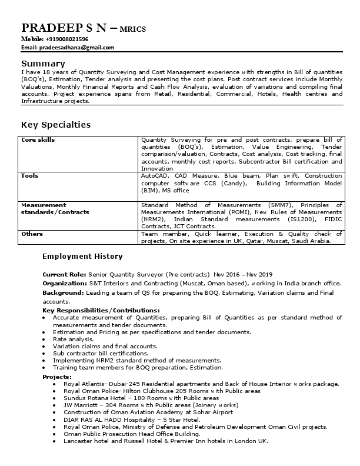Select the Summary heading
click(39, 64)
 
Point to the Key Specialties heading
click(56, 125)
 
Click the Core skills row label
click(38, 140)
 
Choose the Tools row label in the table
click(30, 175)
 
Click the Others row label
click(32, 234)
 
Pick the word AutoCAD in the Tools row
click(155, 175)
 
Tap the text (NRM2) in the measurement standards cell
click(152, 219)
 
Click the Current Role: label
click(64, 274)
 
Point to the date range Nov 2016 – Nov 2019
click(244, 274)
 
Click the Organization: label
click(65, 283)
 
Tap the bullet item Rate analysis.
click(74, 339)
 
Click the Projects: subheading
click(57, 376)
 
